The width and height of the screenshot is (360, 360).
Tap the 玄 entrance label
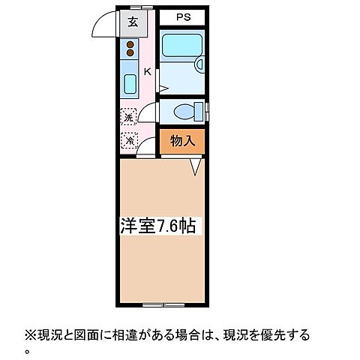[x=132, y=22]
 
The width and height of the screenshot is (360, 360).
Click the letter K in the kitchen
[x=147, y=72]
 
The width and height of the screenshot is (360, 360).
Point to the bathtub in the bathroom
[x=181, y=48]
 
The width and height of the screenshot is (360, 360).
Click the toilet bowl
[x=183, y=112]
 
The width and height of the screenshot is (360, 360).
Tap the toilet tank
[x=200, y=112]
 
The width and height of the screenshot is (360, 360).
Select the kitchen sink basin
[x=129, y=82]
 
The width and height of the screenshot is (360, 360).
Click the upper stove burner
[x=130, y=46]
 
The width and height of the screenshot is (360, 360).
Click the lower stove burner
[x=130, y=55]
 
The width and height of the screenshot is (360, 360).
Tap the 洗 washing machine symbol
[x=128, y=118]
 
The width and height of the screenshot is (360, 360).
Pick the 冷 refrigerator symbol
[x=129, y=139]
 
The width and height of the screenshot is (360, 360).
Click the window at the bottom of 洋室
[x=163, y=304]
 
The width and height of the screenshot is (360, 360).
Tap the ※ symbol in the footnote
[x=30, y=334]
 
